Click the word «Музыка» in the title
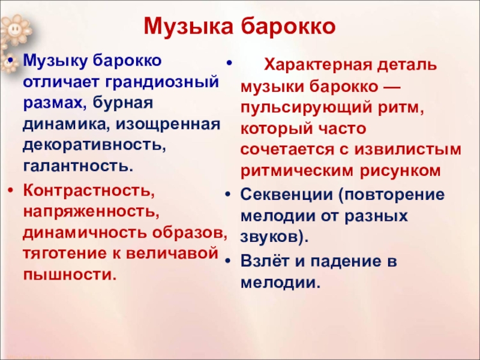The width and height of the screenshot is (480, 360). [188, 26]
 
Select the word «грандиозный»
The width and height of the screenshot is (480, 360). [163, 83]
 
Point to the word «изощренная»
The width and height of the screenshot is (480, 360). [168, 124]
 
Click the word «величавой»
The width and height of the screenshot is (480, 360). [172, 254]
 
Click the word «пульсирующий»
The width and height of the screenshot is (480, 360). [307, 109]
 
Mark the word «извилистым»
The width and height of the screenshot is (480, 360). [408, 149]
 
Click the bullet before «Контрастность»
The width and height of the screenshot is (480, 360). [11, 190]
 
